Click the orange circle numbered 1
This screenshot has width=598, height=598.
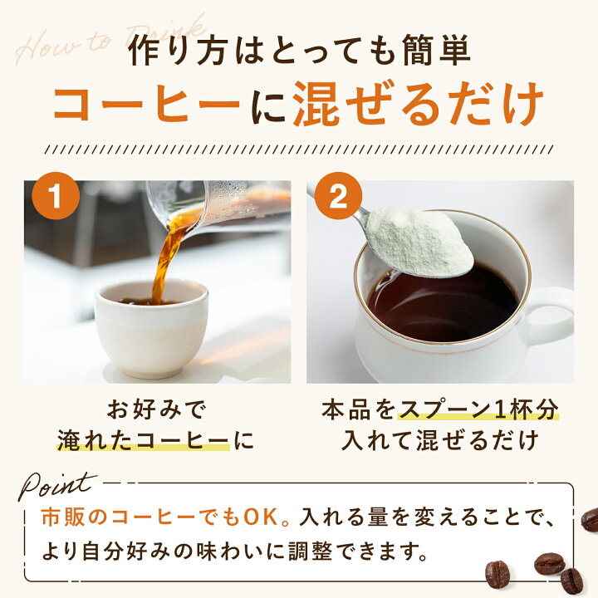tap(56, 197)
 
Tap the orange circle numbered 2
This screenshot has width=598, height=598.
tap(338, 197)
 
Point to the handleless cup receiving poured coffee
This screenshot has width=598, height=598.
tap(151, 328)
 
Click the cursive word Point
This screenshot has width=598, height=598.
tap(57, 485)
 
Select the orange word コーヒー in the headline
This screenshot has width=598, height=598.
tap(147, 104)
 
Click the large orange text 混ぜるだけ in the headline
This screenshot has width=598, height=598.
tap(418, 103)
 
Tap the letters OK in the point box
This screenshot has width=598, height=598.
tap(262, 517)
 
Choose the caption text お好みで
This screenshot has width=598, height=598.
tap(155, 409)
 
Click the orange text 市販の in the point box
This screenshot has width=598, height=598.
tap(75, 517)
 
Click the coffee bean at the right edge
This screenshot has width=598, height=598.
tap(590, 519)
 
